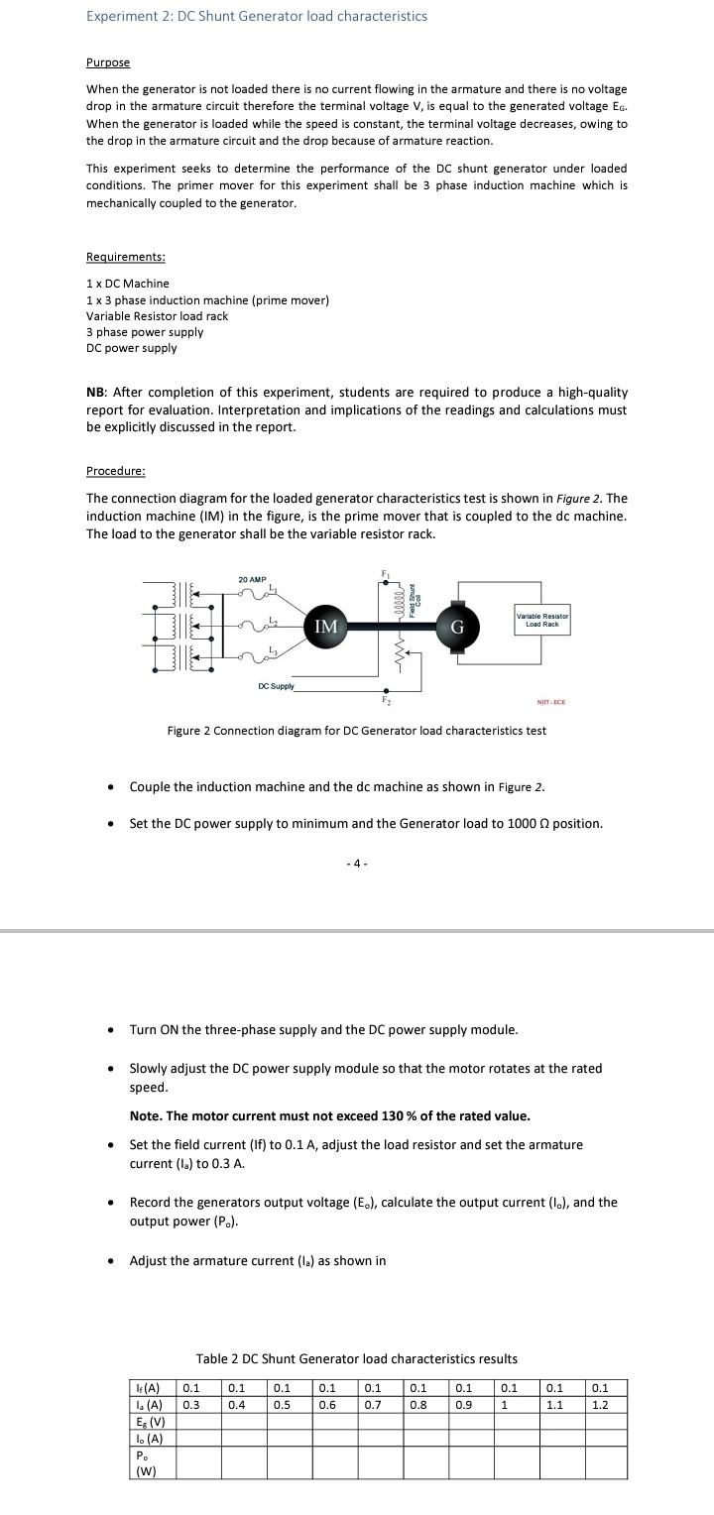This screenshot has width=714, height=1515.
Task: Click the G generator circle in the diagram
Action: coord(458,628)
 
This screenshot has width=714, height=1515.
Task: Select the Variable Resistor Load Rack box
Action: coord(541,621)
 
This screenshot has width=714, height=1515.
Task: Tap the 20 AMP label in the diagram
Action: coord(252,579)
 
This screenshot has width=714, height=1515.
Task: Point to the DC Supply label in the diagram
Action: coord(276,686)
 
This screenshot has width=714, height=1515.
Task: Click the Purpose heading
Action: coord(108,62)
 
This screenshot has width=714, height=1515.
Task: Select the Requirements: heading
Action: coord(126,257)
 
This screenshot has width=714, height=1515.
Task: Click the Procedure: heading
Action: coord(116,470)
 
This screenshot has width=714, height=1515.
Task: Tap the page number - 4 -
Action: coord(357,864)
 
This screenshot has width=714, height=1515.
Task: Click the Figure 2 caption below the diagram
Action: coord(356,731)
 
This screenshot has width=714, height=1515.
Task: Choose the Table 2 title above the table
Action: coord(356,1358)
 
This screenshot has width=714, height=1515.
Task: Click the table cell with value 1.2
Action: coord(601,1404)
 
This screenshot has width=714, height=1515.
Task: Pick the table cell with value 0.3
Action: coord(191,1404)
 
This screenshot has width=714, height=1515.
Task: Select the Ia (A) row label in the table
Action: coord(149,1404)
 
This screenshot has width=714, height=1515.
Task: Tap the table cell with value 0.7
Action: coord(373,1404)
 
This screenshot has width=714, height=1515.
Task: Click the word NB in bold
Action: coord(96,393)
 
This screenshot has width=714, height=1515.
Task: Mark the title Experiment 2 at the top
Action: coord(257,16)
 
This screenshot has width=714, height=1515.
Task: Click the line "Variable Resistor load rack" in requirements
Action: coord(157,316)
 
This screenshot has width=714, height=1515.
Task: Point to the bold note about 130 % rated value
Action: coord(329,1115)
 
